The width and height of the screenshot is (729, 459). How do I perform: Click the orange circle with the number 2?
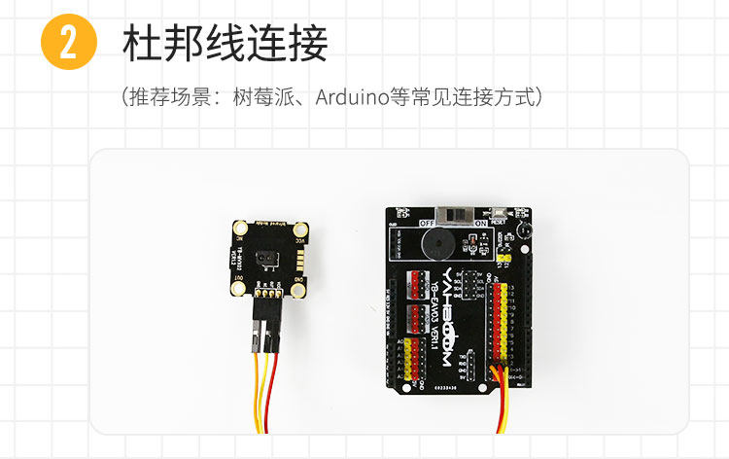tap(69, 44)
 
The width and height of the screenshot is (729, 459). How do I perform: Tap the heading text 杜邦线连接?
tap(226, 44)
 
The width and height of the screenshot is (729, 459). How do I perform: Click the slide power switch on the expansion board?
tap(452, 213)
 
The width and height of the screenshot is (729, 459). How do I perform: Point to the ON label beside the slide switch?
tap(479, 223)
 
